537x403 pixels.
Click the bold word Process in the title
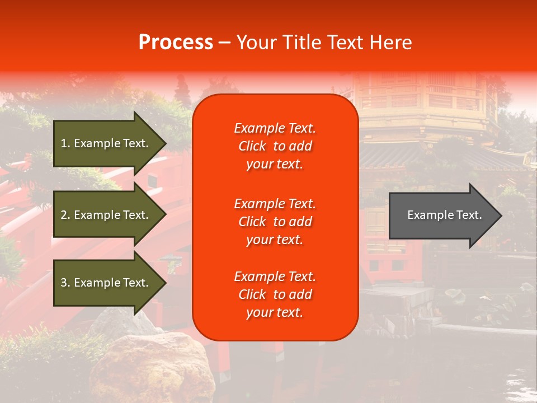coord(176,43)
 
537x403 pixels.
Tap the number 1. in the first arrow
coord(65,143)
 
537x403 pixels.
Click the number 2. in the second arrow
coord(65,215)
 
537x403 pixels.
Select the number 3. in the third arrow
coord(65,283)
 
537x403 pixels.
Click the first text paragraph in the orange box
coord(275,146)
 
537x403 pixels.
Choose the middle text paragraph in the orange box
coord(275,222)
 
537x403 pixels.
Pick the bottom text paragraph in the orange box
coord(275,294)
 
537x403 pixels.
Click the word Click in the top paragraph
coord(252,146)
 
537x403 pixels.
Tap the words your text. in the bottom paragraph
coord(275,313)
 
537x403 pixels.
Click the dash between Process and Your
coord(224,43)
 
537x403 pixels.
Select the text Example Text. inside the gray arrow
coord(444,215)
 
